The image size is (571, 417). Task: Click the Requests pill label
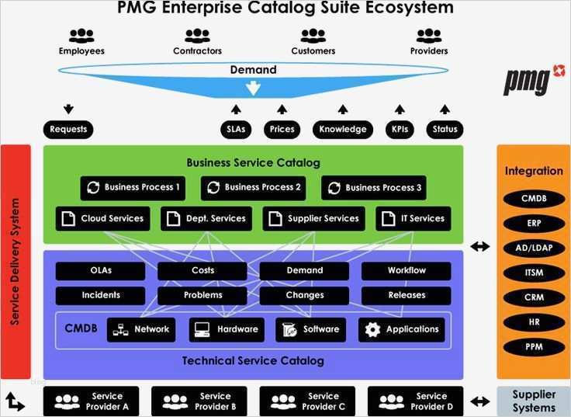(68, 129)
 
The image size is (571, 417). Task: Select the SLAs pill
(236, 129)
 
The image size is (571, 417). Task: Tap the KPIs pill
(400, 129)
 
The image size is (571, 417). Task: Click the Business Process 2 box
(253, 187)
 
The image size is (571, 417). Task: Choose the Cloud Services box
(103, 218)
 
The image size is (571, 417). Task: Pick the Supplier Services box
(314, 218)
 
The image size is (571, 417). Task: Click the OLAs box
(100, 271)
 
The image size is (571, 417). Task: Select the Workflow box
(406, 271)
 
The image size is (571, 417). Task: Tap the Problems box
(202, 295)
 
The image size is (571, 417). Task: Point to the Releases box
(406, 295)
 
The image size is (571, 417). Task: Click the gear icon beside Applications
(373, 329)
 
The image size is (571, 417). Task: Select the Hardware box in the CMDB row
(227, 329)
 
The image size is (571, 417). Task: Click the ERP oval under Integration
(534, 223)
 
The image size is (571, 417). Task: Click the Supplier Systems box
(534, 401)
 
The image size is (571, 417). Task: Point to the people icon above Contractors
(197, 36)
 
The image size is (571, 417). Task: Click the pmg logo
(527, 80)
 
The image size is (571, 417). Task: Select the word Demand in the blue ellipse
(253, 70)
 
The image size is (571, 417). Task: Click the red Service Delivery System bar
(16, 261)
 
